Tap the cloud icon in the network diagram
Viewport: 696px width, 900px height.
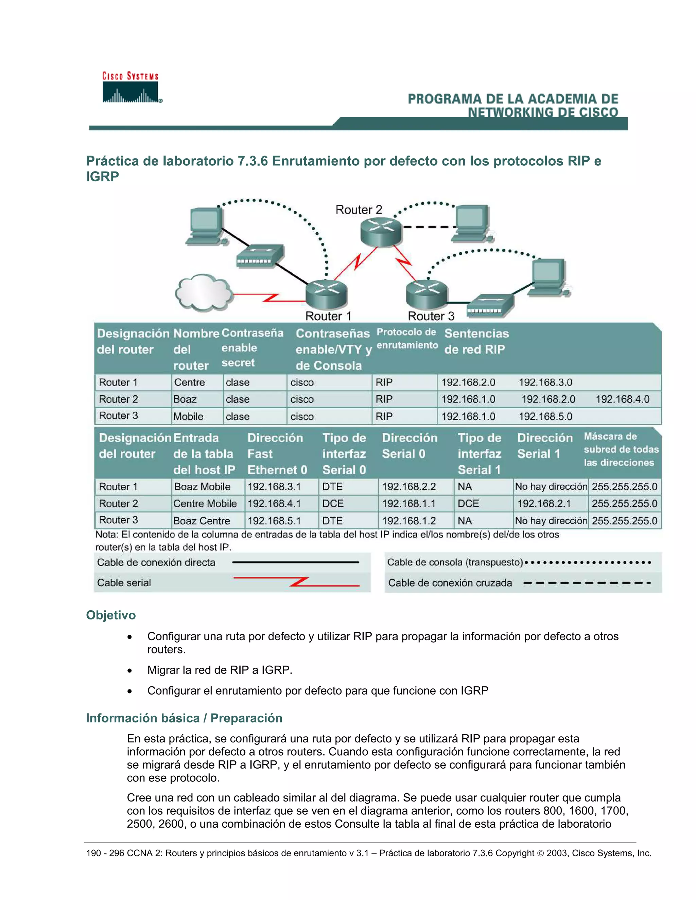click(204, 292)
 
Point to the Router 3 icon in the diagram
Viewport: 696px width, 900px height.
click(427, 293)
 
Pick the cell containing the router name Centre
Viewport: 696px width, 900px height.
click(190, 382)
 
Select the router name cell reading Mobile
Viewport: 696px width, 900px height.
click(188, 417)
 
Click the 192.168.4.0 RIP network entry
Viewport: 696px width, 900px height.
click(622, 399)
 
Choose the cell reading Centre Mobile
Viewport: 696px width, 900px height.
click(205, 504)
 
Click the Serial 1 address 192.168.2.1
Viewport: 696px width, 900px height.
click(544, 504)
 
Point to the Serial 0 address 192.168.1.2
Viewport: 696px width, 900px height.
click(408, 521)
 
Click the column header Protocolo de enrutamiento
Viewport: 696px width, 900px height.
click(407, 339)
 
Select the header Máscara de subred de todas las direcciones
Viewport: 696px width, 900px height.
click(621, 450)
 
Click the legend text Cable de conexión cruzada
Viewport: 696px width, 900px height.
click(450, 583)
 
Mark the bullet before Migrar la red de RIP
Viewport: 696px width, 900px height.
click(130, 670)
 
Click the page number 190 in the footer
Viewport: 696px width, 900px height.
click(93, 853)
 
